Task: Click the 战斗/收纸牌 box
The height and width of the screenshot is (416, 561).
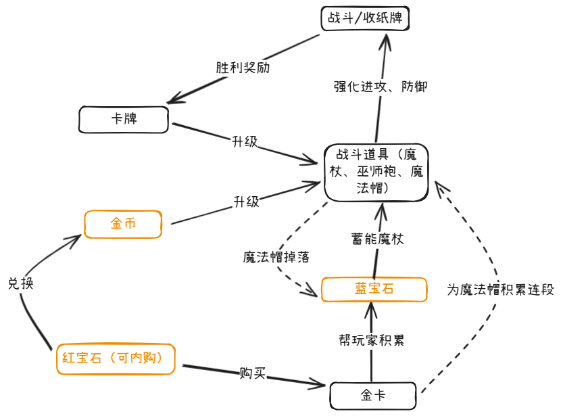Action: (x=365, y=18)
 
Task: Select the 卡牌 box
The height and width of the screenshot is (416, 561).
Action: (x=123, y=119)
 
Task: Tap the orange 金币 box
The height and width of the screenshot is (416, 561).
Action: (x=123, y=224)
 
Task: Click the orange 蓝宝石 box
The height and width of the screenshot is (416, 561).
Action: (x=374, y=289)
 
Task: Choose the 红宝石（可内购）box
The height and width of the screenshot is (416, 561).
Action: (x=116, y=358)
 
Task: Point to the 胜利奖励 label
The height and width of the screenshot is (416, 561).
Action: (x=239, y=68)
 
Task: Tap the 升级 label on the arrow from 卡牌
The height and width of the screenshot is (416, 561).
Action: (x=245, y=142)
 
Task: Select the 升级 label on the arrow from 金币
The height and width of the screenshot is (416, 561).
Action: (x=246, y=202)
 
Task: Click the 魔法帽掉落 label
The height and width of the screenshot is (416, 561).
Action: (x=276, y=257)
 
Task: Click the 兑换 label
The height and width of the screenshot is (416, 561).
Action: (x=20, y=283)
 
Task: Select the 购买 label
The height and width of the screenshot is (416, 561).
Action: (x=252, y=373)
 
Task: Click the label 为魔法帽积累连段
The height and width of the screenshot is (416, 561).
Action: (x=500, y=290)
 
